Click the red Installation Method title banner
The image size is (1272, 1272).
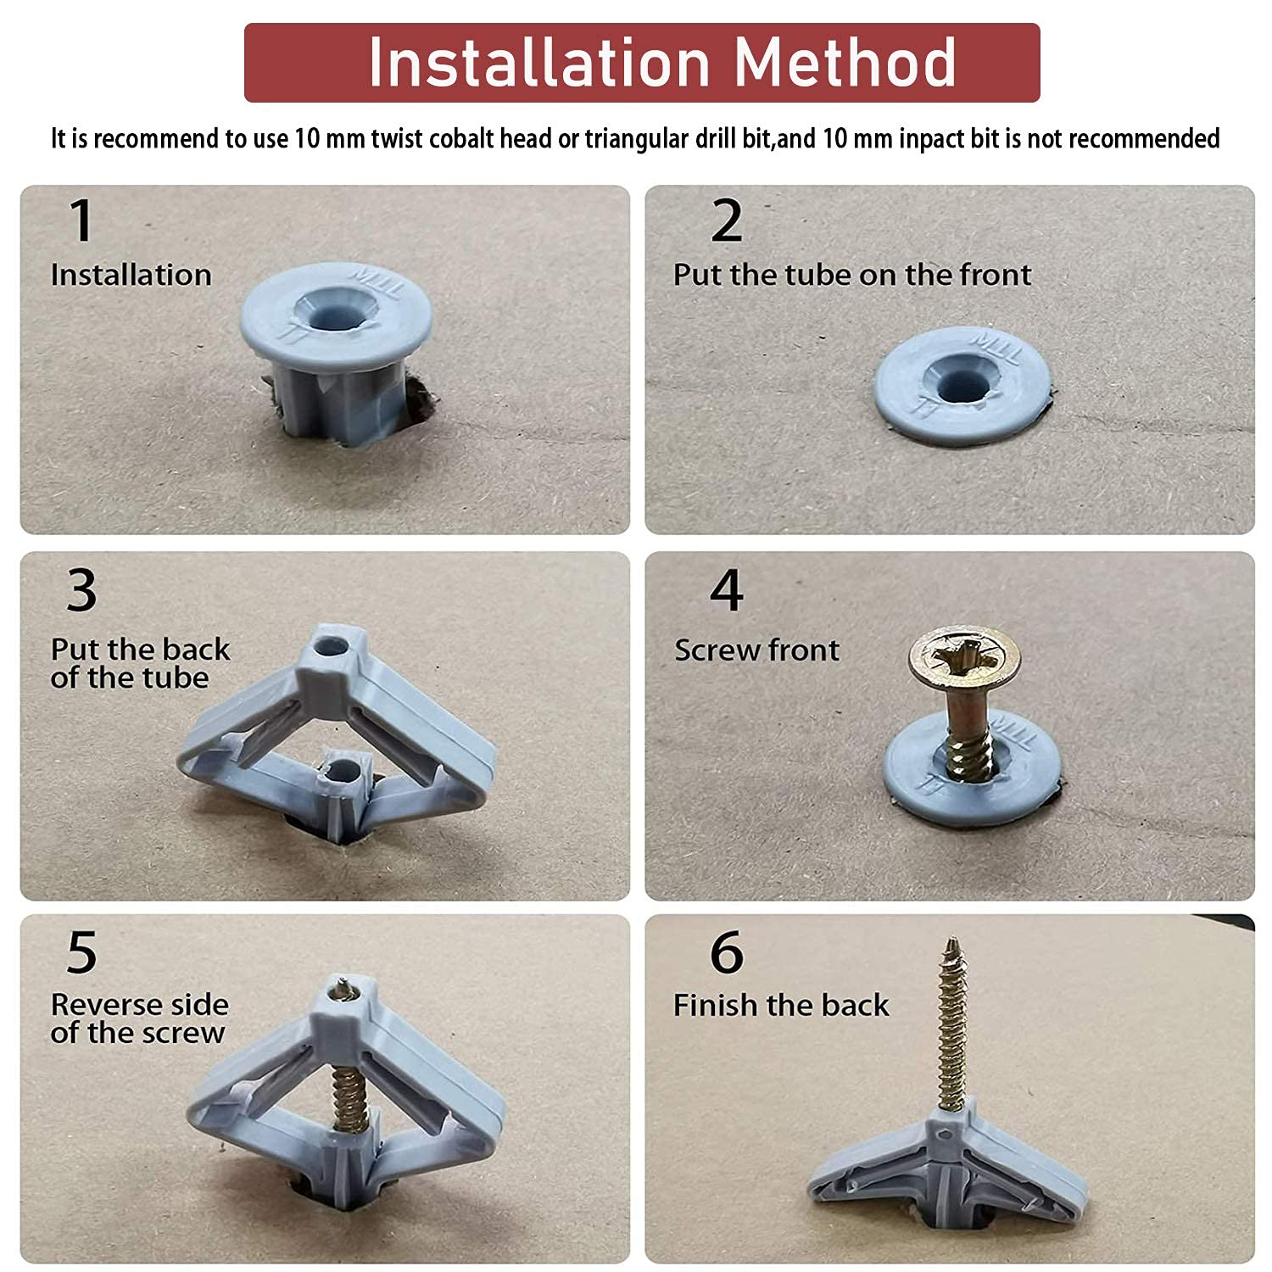pos(642,63)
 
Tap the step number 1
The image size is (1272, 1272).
pos(81,221)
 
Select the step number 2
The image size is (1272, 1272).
pos(727,221)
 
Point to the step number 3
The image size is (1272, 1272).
pos(81,590)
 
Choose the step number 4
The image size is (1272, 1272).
pos(727,590)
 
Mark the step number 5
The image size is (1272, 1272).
pos(81,953)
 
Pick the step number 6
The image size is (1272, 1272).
pos(727,953)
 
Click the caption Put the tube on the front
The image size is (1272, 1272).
pos(851,275)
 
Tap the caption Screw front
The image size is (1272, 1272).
pos(756,650)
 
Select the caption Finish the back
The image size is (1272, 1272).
pos(780,1006)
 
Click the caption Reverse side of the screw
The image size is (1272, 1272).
pos(139,1018)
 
